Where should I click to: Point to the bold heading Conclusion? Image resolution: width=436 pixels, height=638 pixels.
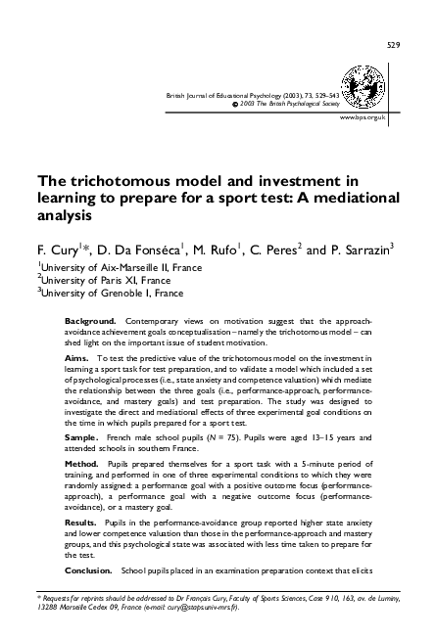(x=90, y=569)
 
